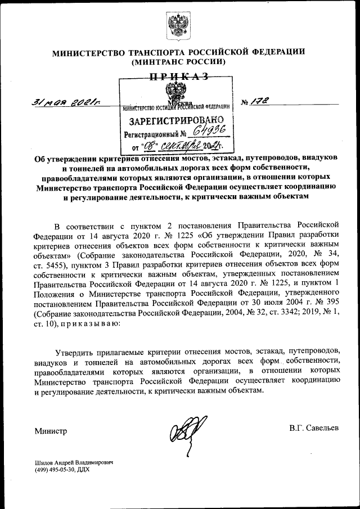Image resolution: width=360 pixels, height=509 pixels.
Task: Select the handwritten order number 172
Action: pyautogui.click(x=262, y=101)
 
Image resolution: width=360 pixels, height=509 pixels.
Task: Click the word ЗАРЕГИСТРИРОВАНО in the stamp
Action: pyautogui.click(x=176, y=120)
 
